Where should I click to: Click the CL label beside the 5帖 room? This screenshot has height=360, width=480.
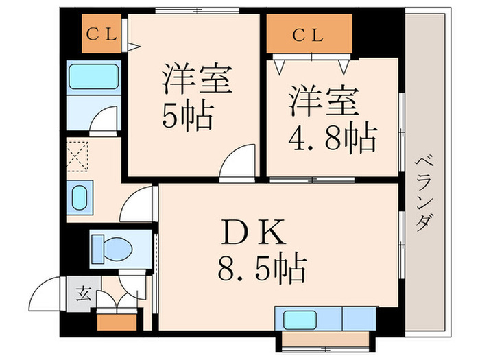click(102, 34)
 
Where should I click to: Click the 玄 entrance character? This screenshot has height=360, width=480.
click(82, 296)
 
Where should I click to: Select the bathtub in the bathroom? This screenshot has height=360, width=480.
click(95, 75)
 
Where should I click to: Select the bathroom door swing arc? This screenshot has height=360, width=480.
click(107, 122)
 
